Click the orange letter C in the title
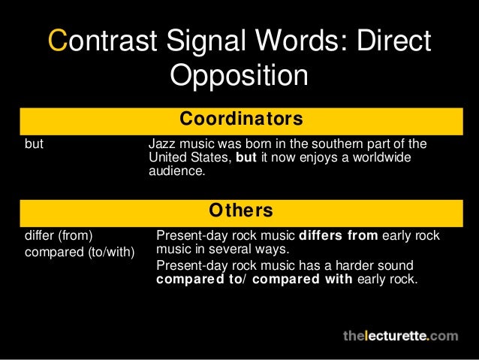[x=58, y=42]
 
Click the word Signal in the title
[x=218, y=42]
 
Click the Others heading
[x=240, y=207]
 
